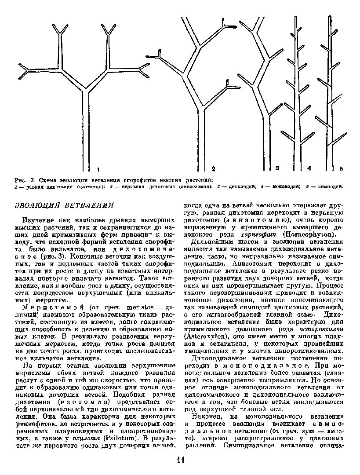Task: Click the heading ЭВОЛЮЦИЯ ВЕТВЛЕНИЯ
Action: [65, 205]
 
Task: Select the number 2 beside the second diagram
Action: [213, 168]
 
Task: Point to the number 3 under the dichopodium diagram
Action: [277, 168]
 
